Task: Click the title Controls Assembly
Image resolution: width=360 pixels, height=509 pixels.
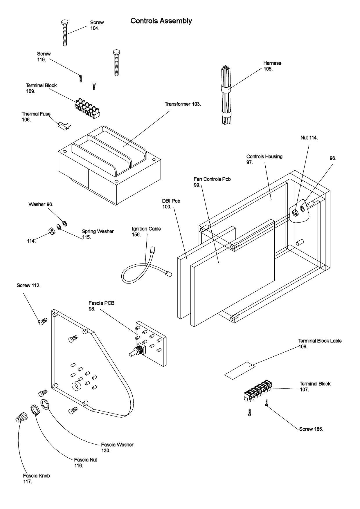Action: pos(161,21)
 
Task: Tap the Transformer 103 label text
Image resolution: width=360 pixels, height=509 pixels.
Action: pos(183,104)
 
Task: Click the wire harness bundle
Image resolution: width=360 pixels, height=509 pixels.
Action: pos(226,96)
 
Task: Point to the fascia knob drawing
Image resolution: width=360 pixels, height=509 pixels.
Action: pos(22,417)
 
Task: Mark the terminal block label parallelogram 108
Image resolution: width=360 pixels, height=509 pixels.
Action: pos(240,370)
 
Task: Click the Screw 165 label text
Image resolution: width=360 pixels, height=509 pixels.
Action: pos(311,429)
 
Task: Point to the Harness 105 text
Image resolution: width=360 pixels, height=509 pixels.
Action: pos(272,66)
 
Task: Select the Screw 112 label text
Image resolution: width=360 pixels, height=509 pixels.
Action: pos(28,285)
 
